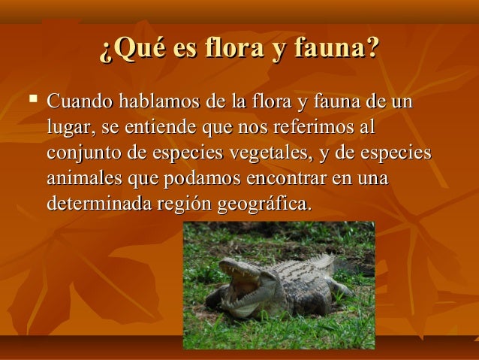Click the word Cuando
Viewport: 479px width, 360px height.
78,101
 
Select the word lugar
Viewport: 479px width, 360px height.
67,128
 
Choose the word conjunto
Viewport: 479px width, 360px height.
82,153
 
